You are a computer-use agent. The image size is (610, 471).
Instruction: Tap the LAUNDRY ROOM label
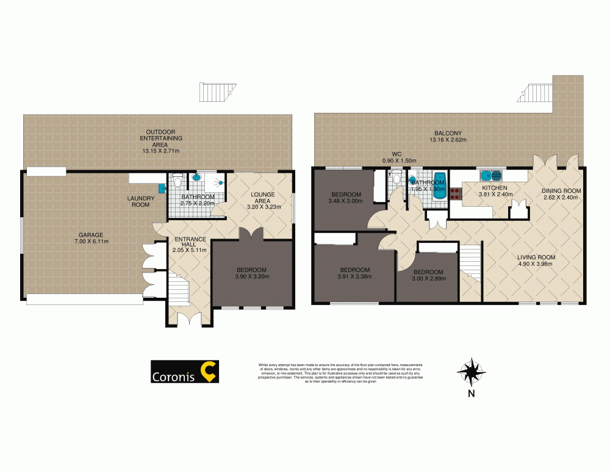(141, 201)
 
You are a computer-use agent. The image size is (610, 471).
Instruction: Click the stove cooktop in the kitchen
(456, 193)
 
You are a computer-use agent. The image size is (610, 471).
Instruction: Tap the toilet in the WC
(396, 180)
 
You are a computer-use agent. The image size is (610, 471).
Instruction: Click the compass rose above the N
(471, 370)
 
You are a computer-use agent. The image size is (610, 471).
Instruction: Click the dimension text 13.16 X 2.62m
(448, 140)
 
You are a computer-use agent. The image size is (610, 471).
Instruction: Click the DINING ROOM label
(561, 190)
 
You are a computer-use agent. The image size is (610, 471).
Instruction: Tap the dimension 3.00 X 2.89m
(428, 279)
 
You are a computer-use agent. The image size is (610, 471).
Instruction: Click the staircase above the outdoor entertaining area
(214, 92)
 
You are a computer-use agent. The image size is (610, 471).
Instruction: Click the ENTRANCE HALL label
(190, 243)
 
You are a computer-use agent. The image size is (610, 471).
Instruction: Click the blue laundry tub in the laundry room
(162, 187)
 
